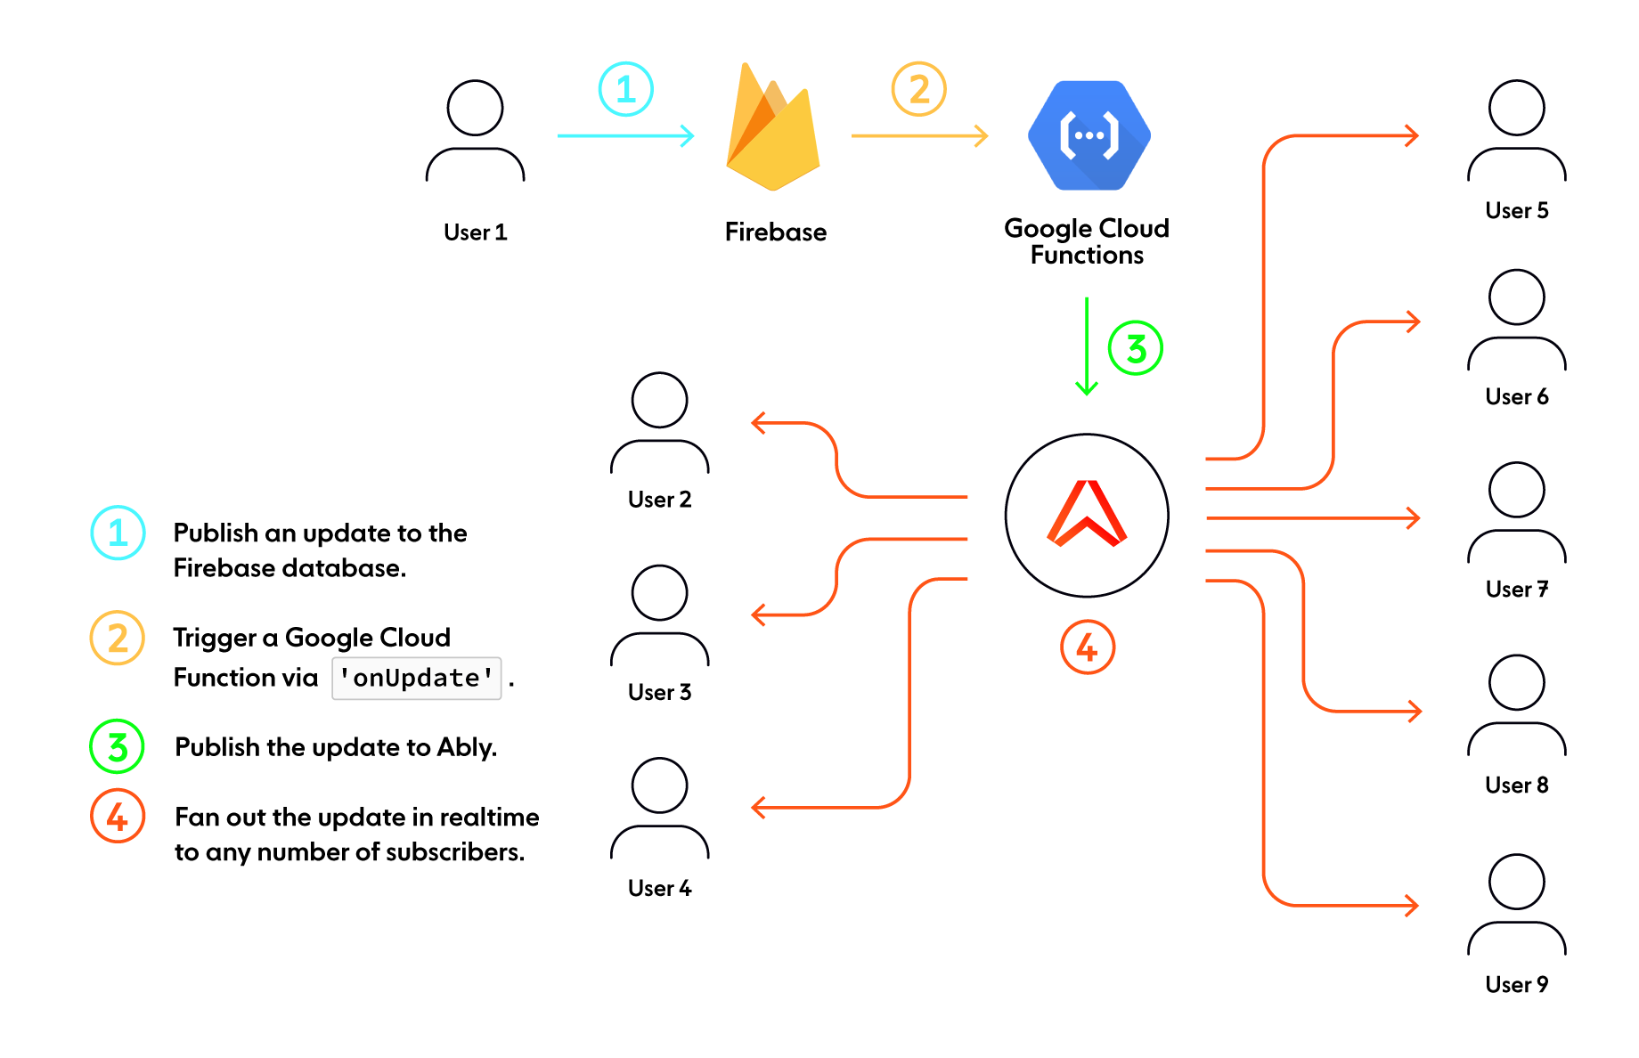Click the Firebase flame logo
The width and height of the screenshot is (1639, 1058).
(x=772, y=126)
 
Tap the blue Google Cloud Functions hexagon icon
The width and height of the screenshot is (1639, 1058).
(x=1089, y=135)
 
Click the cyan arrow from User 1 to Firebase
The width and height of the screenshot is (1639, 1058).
(x=625, y=135)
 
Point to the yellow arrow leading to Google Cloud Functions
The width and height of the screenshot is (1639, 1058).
(x=919, y=135)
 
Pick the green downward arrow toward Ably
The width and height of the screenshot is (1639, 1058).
(x=1087, y=346)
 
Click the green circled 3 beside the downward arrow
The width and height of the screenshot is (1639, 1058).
(x=1136, y=348)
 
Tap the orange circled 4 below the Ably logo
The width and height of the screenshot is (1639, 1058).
(x=1088, y=647)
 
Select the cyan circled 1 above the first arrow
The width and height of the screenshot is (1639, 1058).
(x=625, y=89)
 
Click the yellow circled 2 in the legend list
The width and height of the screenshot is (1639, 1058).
(x=118, y=638)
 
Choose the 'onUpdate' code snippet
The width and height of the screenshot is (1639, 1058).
(x=417, y=678)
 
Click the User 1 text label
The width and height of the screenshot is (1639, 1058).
(x=476, y=232)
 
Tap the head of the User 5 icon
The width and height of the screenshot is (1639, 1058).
(x=1517, y=108)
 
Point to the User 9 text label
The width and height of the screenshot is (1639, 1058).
(x=1517, y=984)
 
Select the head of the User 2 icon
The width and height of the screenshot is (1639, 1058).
(x=659, y=400)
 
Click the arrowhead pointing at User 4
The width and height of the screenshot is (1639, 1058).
(x=758, y=808)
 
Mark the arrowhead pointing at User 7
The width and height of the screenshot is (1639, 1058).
(x=1413, y=517)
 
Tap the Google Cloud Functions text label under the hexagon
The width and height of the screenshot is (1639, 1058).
(x=1087, y=241)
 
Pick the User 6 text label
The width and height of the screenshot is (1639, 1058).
(x=1517, y=396)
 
